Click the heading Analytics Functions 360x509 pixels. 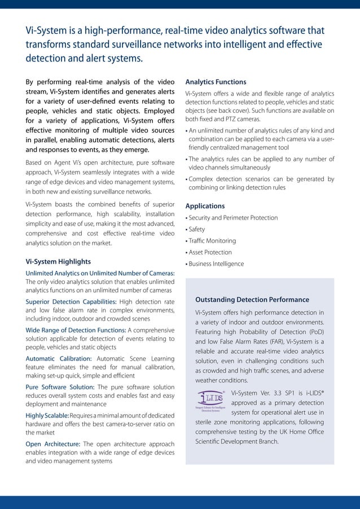coord(216,82)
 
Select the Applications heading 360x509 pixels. coord(205,206)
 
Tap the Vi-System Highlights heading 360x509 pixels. coord(58,262)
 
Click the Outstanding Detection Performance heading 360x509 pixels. coord(252,300)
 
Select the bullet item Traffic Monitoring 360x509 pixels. coord(212,241)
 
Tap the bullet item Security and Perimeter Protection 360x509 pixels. coord(233,218)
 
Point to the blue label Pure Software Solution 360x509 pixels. coord(60,387)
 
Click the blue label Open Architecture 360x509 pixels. coord(52,444)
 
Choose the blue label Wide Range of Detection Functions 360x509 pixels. coord(76,330)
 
